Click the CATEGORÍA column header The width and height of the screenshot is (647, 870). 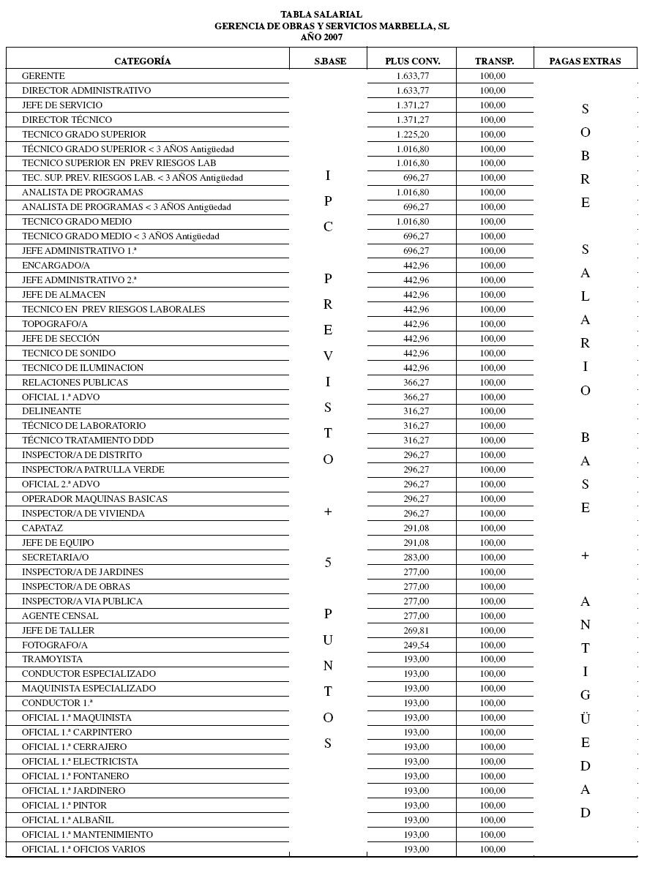[143, 61]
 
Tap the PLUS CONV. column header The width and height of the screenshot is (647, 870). [413, 61]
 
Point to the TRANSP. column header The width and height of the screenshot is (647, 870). [494, 61]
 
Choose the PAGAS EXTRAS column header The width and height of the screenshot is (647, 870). [585, 61]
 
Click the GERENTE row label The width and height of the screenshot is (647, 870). [43, 76]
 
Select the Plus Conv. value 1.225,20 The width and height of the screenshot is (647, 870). [413, 135]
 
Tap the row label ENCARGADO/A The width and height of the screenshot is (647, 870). [56, 266]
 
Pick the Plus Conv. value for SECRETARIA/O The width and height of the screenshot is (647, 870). [416, 558]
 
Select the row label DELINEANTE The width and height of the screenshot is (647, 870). [51, 411]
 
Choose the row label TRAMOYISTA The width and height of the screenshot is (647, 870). [52, 659]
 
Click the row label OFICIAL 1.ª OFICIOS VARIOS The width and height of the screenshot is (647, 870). [83, 850]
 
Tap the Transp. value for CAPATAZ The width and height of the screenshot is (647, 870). [493, 528]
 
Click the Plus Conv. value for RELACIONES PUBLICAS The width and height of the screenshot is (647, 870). [416, 383]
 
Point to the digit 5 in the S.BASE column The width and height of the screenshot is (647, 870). [328, 563]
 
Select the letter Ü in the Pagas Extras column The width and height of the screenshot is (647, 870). [585, 718]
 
